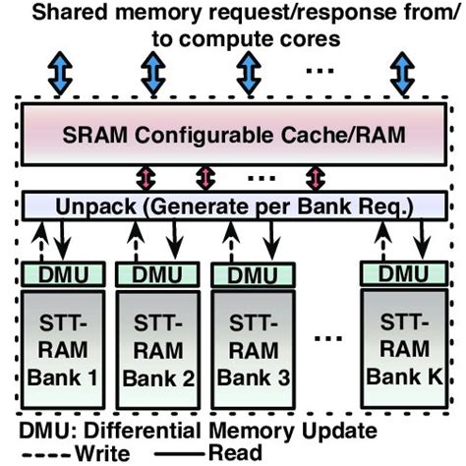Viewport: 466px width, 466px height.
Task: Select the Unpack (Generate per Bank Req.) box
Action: pos(233,207)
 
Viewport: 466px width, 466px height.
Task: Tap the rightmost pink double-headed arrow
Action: pos(315,177)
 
